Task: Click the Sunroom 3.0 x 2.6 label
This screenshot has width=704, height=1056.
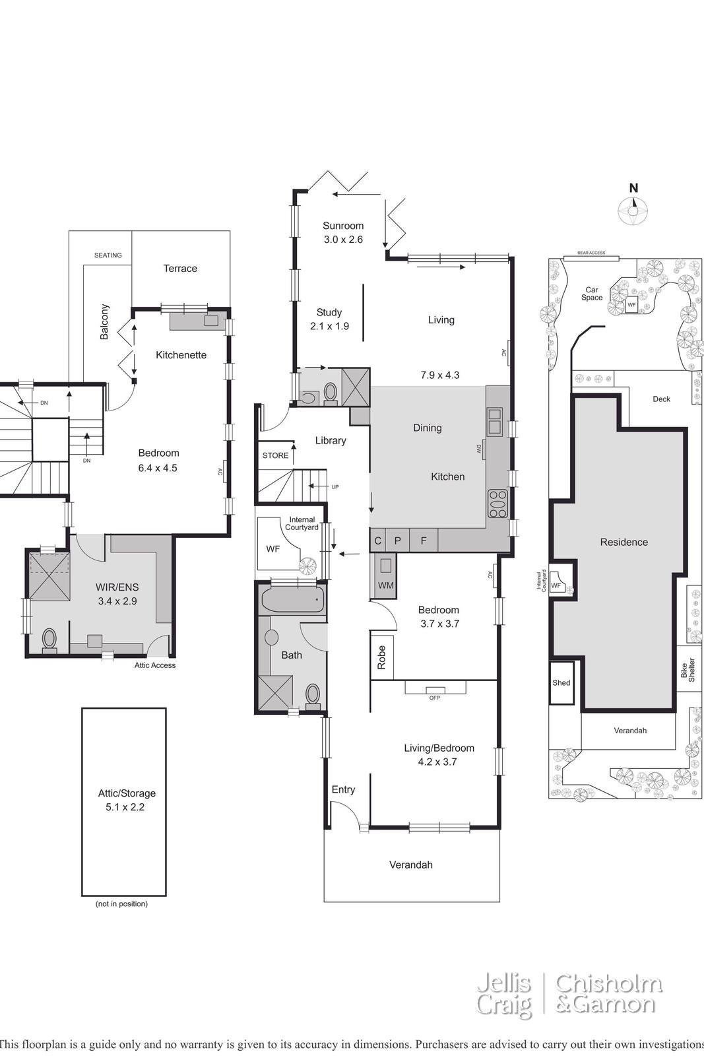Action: click(343, 232)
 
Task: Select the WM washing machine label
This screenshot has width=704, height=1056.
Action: click(385, 585)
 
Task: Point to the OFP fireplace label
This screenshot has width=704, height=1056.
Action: click(434, 698)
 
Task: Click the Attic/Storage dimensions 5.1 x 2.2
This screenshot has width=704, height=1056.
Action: click(125, 807)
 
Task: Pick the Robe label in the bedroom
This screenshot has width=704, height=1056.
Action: click(381, 657)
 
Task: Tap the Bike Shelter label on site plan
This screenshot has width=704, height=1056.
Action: click(688, 670)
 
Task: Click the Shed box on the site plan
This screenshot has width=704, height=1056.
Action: click(561, 682)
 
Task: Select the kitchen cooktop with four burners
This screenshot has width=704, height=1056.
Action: click(497, 504)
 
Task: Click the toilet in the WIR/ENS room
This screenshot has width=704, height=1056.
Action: click(49, 641)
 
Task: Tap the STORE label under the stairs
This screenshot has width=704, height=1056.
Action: click(275, 455)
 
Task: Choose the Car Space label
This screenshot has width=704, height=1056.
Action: click(592, 294)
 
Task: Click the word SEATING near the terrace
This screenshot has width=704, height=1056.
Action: click(108, 255)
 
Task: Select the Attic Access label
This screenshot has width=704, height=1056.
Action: click(155, 665)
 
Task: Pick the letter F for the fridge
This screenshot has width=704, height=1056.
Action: click(424, 541)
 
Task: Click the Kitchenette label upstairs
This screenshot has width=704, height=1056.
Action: click(181, 355)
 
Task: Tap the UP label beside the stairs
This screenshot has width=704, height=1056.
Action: click(335, 487)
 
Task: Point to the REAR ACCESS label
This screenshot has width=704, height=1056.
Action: click(591, 253)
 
